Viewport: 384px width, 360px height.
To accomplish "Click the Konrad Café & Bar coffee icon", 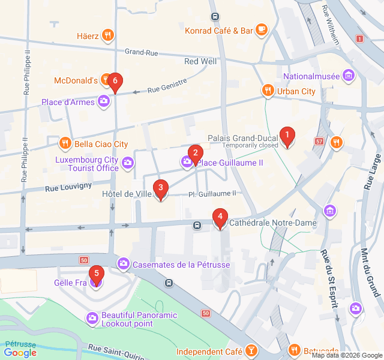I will [261, 30].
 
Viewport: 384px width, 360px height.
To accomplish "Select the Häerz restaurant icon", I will [108, 35].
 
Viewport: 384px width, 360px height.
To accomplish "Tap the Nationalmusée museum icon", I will [349, 76].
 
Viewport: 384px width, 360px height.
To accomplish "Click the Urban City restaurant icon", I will [268, 91].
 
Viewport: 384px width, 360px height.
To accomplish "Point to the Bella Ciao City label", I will [101, 144].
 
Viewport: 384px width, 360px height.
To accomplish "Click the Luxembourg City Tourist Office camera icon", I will [128, 163].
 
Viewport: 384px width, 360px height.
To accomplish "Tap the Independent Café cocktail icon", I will [251, 351].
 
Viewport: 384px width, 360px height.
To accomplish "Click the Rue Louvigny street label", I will [69, 187].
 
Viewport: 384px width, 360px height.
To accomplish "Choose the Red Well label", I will [200, 61].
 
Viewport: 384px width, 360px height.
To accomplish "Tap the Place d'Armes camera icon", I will [104, 101].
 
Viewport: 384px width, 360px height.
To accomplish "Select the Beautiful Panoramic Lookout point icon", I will [92, 318].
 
